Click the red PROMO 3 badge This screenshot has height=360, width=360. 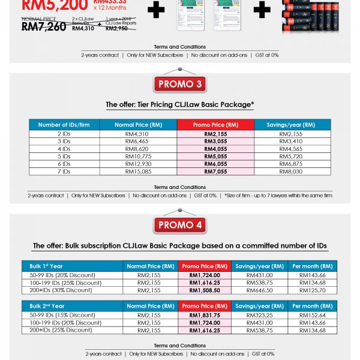(181, 85)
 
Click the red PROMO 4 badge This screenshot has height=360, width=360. (181, 226)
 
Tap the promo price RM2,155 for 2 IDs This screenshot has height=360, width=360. (215, 134)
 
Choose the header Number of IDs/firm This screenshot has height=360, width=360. (65, 125)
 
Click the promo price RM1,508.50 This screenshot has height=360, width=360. (205, 290)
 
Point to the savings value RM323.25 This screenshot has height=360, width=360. (260, 315)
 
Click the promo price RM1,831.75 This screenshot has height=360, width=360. (205, 315)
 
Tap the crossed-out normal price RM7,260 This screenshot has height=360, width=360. (43, 26)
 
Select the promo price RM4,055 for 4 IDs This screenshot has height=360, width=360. (215, 149)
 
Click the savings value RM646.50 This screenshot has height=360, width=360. (260, 290)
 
